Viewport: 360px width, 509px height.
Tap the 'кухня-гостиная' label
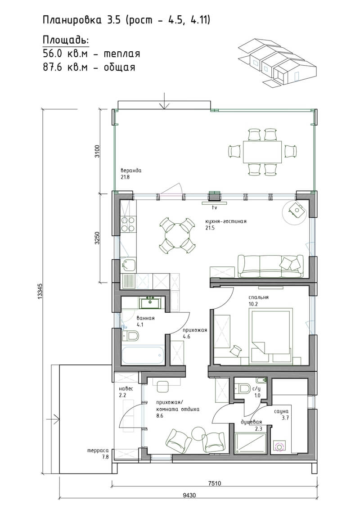click(x=225, y=221)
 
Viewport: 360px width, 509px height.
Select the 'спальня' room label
click(x=258, y=297)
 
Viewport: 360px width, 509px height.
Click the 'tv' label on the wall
click(x=214, y=207)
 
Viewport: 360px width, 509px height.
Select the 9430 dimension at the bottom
click(x=189, y=495)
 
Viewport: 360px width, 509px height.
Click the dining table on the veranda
click(x=263, y=152)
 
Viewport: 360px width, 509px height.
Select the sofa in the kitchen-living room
click(x=270, y=267)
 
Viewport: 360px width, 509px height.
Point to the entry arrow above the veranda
click(x=164, y=101)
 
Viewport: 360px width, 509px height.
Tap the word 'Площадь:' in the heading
click(x=66, y=40)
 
